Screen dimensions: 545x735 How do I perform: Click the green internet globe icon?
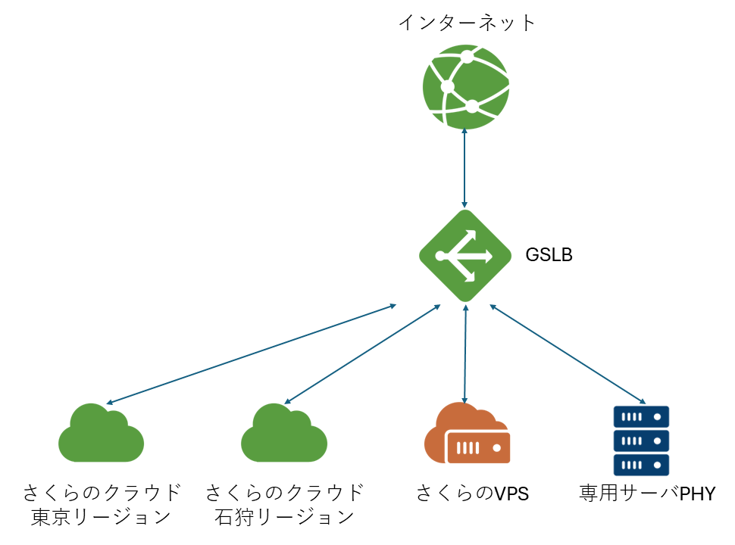(x=465, y=86)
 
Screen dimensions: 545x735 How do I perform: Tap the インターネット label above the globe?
(x=467, y=23)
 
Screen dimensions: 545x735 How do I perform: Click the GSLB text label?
(x=549, y=255)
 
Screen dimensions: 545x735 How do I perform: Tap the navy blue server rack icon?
(x=640, y=440)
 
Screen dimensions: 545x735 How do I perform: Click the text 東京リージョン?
(x=101, y=518)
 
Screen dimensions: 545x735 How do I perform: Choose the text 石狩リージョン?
(x=284, y=518)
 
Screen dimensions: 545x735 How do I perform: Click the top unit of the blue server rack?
(x=640, y=416)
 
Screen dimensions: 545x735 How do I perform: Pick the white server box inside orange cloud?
(x=478, y=447)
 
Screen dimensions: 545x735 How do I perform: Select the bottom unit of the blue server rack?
(x=640, y=463)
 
